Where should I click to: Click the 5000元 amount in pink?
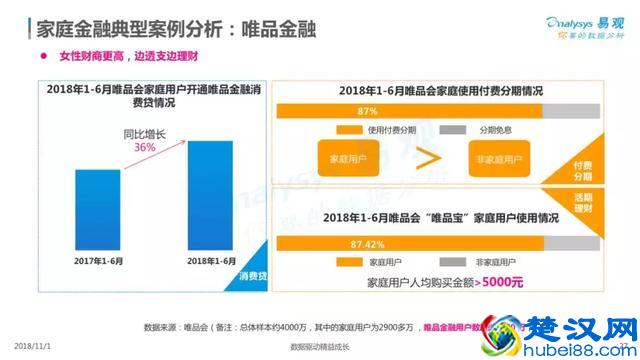tap(501, 281)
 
